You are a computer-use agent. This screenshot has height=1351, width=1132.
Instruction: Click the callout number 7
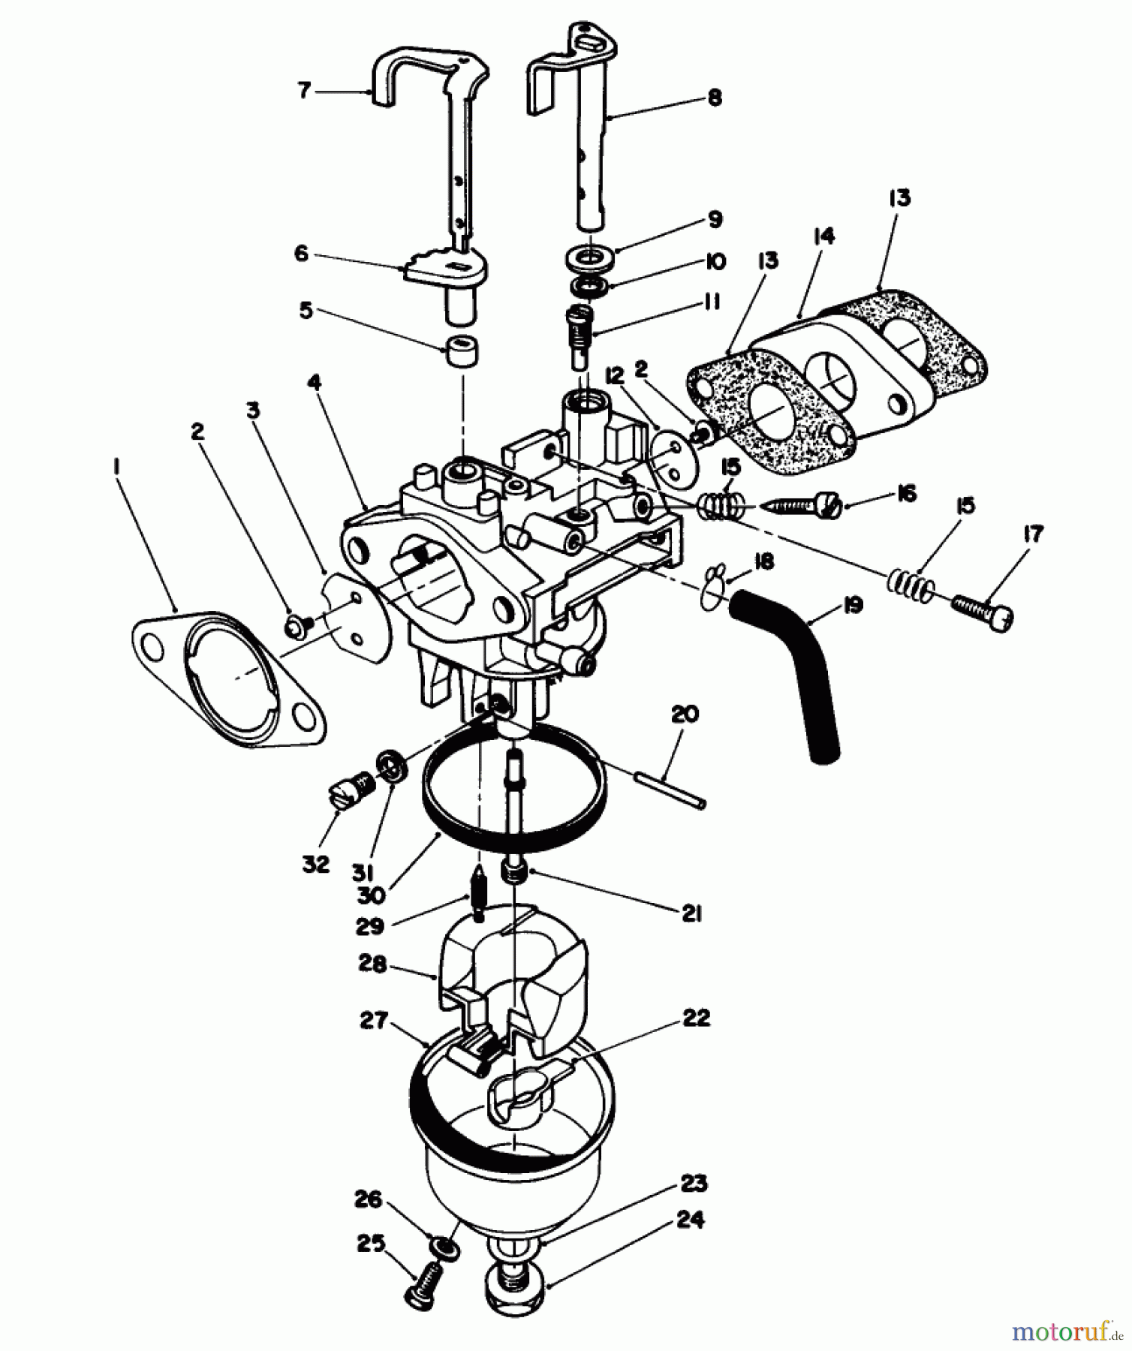tap(303, 91)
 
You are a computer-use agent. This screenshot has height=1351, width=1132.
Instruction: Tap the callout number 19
tap(852, 605)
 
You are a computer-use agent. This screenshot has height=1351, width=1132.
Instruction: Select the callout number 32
tap(316, 864)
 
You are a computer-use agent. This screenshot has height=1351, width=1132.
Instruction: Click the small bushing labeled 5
tap(462, 351)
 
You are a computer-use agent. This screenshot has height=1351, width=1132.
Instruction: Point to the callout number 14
tap(823, 236)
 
